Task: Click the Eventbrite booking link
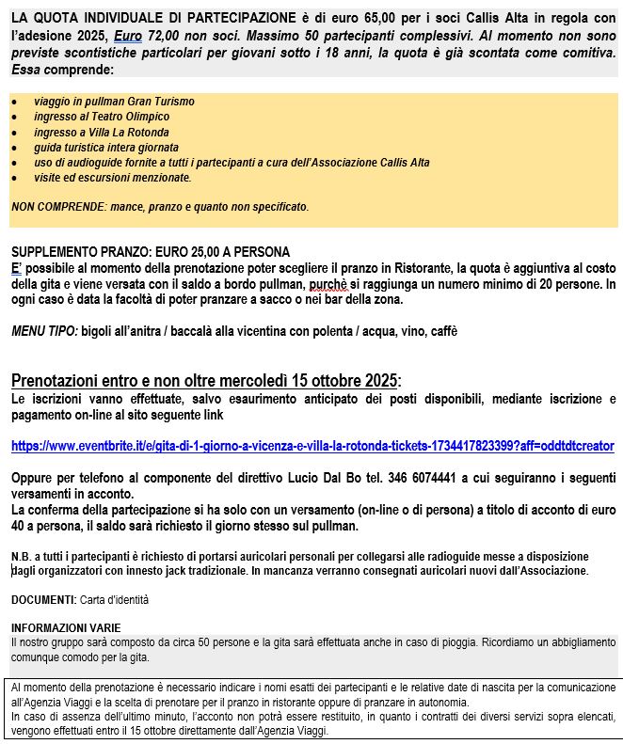(x=312, y=445)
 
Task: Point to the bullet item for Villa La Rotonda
(x=102, y=133)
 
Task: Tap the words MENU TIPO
(x=43, y=331)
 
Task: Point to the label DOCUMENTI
(x=42, y=599)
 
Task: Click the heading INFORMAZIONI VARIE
(x=66, y=627)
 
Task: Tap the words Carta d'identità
(x=114, y=599)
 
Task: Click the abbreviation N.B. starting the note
(x=22, y=557)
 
